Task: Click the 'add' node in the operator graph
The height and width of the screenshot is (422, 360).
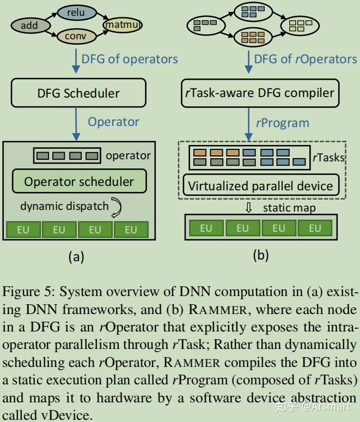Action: click(30, 26)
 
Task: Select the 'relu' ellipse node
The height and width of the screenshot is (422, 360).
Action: click(77, 13)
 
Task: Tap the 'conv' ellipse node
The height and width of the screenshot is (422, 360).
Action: click(77, 36)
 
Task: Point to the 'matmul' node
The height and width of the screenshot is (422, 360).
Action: click(123, 25)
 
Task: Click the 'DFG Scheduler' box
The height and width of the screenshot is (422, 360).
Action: click(78, 93)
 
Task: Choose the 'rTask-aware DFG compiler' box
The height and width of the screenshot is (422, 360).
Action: click(260, 93)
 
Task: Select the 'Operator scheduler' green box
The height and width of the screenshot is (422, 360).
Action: click(80, 181)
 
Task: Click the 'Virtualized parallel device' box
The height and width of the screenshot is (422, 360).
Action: click(261, 185)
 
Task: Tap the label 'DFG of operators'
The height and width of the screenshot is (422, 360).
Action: click(130, 59)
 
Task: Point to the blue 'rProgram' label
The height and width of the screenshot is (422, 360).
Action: click(283, 123)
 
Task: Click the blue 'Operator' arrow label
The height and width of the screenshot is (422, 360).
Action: click(113, 122)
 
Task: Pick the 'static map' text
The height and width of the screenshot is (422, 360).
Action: click(289, 208)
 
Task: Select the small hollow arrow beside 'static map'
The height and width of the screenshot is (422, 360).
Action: click(249, 208)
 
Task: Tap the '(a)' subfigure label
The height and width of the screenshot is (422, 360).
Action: click(76, 256)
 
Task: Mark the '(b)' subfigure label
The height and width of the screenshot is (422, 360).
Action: click(261, 255)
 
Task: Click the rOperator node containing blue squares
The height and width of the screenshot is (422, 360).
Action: click(253, 12)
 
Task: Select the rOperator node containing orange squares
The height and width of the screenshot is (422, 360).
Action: click(253, 38)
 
